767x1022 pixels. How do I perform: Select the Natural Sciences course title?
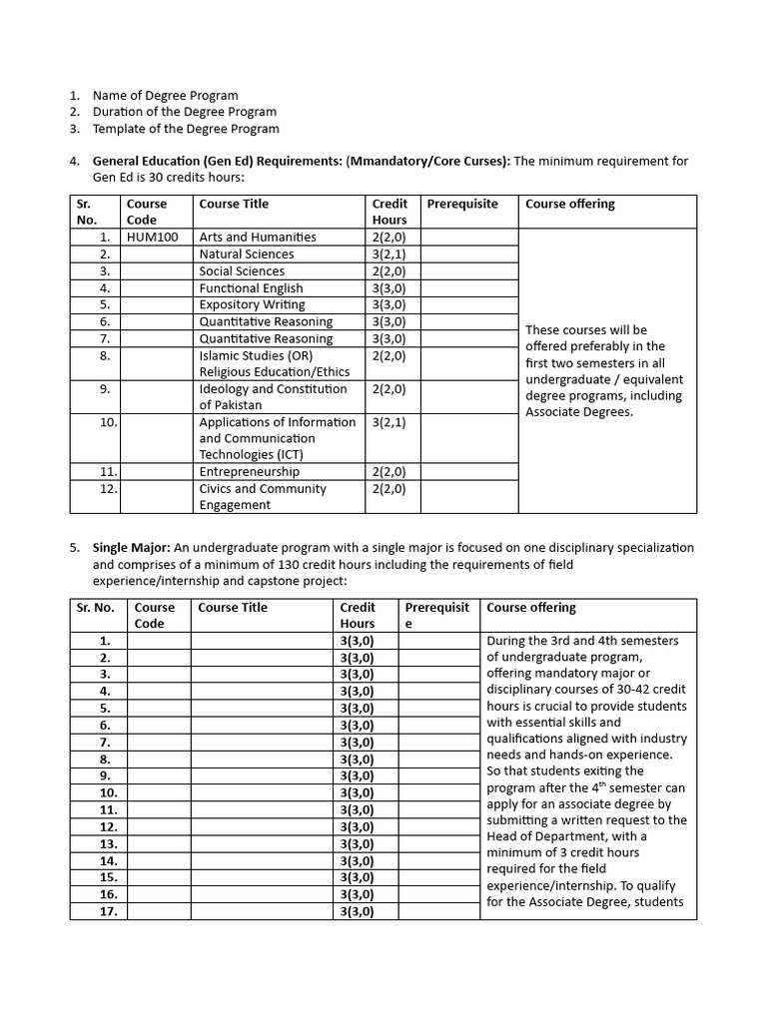247,255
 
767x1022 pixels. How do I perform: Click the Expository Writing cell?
252,305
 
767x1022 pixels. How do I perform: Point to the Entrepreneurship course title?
249,472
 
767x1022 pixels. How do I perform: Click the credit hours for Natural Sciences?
388,255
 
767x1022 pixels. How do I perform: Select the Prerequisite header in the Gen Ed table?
461,205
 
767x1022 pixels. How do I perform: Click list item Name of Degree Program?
165,95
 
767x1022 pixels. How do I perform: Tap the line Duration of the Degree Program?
184,112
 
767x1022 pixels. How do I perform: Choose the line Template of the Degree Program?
186,129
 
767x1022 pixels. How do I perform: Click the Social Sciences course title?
242,271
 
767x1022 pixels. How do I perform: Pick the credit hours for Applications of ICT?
388,423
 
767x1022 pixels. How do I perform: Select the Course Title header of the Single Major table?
233,608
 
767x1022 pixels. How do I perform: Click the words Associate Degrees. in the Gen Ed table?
579,412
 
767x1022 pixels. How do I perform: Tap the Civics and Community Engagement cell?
262,497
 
